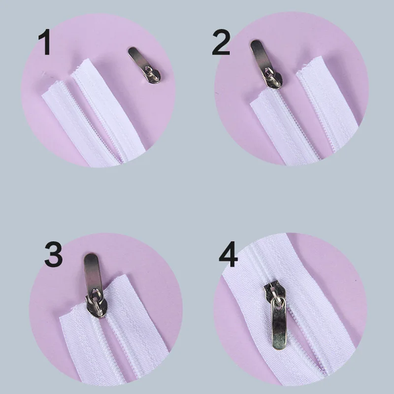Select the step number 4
227,255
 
